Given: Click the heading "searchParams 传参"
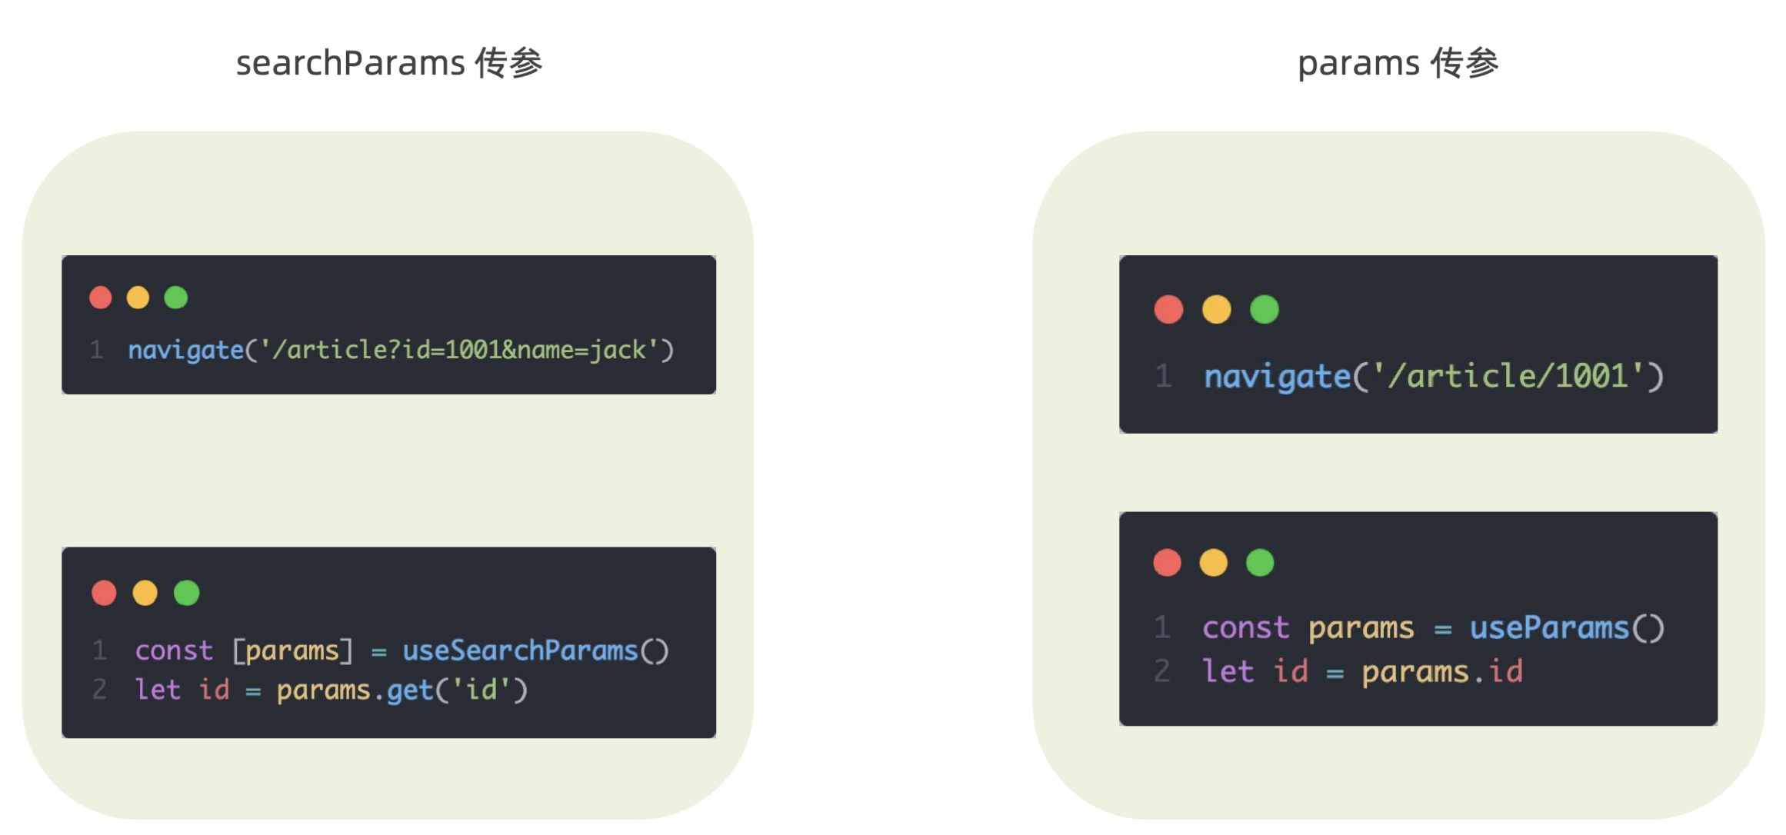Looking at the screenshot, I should (x=389, y=63).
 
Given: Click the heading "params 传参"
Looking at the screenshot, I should (x=1398, y=63).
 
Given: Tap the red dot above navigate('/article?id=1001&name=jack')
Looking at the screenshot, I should (x=101, y=298).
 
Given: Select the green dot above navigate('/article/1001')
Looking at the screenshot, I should (x=1264, y=310).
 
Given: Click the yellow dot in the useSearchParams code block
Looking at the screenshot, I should (x=145, y=593).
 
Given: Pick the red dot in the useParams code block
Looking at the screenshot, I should (x=1167, y=563).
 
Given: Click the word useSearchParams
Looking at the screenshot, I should (x=520, y=651).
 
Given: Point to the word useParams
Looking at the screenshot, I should (x=1549, y=628).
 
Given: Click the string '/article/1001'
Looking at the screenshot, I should (x=1508, y=377).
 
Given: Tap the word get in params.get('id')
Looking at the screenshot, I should (x=410, y=690).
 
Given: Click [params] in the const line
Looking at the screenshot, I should (x=292, y=651).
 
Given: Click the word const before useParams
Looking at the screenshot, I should (x=1245, y=628).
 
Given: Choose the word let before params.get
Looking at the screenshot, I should (x=158, y=690).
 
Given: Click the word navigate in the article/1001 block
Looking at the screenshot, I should (x=1277, y=377).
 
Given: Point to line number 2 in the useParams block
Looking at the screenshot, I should (x=1161, y=671).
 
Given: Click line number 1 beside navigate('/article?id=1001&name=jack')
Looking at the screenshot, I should (x=96, y=351).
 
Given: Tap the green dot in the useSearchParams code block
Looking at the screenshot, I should (x=186, y=593).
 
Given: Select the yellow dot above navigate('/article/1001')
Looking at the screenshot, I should (x=1216, y=310).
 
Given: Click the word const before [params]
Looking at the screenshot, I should (x=174, y=651).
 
